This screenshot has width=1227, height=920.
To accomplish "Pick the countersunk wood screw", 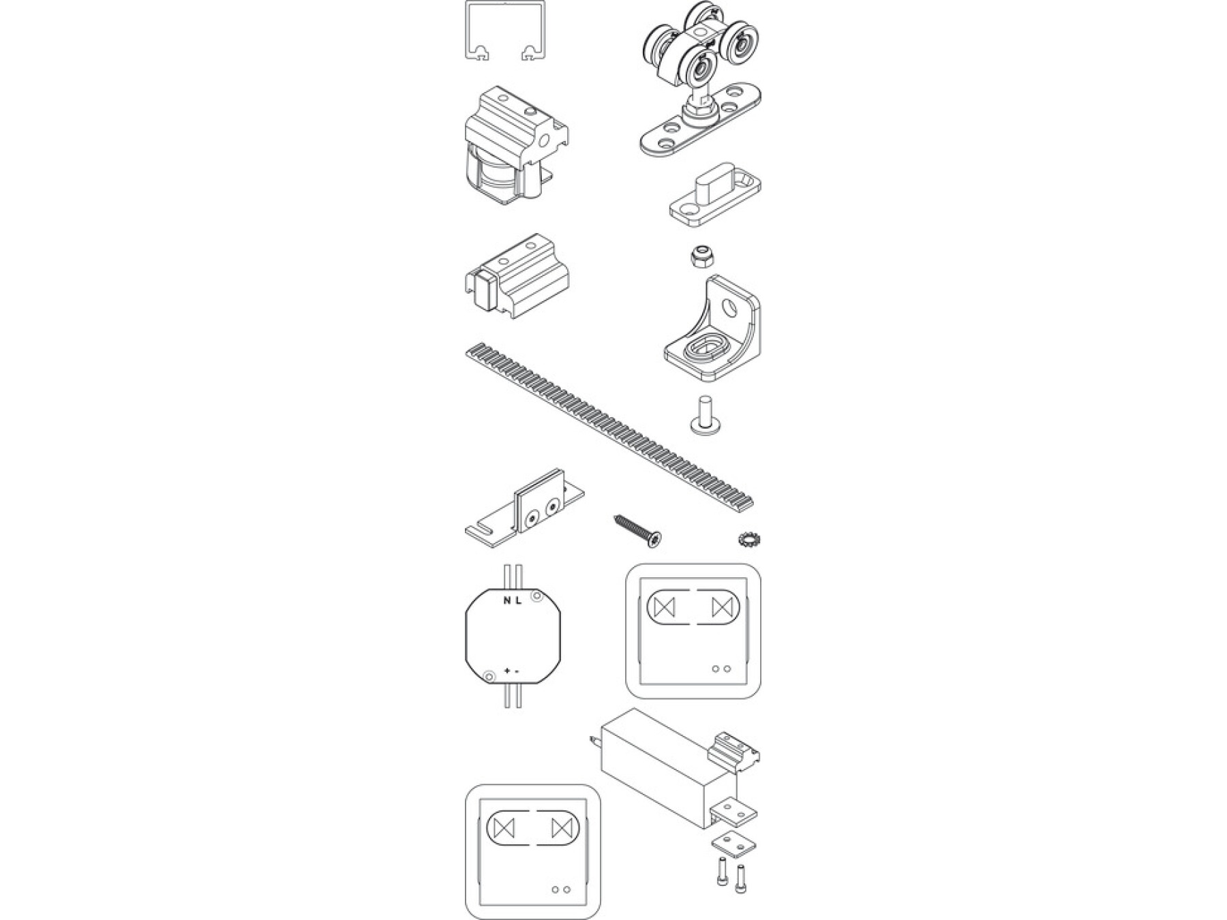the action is [x=639, y=530].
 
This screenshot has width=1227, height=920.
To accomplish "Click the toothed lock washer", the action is [x=750, y=540].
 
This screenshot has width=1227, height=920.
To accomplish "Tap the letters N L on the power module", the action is [x=512, y=600].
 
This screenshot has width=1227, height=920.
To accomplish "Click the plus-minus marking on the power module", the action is [x=511, y=672].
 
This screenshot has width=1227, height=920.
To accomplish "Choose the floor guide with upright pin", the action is [x=713, y=198].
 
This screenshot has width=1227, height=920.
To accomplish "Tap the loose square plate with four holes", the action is [x=734, y=844].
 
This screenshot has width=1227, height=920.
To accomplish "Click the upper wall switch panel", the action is [x=693, y=631].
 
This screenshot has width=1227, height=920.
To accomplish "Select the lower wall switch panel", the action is [x=533, y=852].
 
